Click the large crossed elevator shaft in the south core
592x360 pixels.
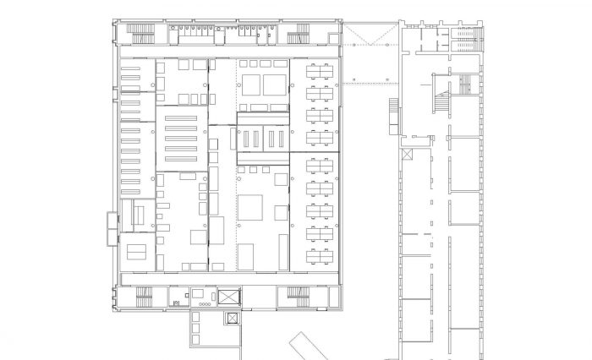(229, 297)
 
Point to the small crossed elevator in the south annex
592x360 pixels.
(231, 319)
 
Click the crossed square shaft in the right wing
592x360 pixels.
(408, 155)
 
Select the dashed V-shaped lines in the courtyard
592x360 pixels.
(369, 38)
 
